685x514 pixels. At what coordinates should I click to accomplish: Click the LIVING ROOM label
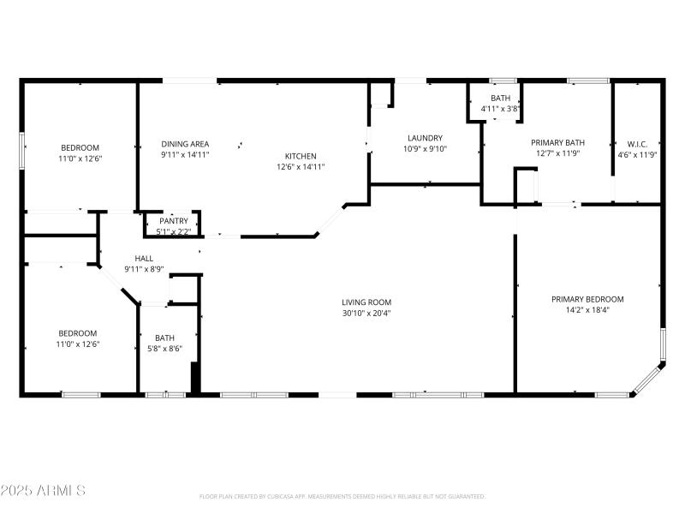click(x=366, y=302)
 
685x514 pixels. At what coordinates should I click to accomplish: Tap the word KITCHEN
click(x=300, y=156)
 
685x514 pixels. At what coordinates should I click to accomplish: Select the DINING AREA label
click(x=185, y=144)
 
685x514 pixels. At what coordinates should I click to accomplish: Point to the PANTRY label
click(x=174, y=221)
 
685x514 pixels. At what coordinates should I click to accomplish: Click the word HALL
click(x=144, y=258)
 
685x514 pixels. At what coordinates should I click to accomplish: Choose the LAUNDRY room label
click(x=425, y=138)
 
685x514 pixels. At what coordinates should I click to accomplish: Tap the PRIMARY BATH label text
click(x=557, y=143)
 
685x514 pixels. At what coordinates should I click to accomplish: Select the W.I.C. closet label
click(x=637, y=144)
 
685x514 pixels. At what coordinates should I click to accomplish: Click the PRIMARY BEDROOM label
click(x=587, y=299)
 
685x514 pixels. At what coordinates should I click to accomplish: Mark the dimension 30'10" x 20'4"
click(x=366, y=313)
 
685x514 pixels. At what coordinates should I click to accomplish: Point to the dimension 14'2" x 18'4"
click(x=587, y=310)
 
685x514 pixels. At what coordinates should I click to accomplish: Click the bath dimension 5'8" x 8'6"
click(x=164, y=348)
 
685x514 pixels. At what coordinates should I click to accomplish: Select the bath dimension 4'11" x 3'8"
click(x=500, y=109)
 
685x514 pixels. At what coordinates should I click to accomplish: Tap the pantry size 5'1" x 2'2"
click(x=174, y=231)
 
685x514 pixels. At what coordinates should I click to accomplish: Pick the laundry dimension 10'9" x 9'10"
click(x=425, y=149)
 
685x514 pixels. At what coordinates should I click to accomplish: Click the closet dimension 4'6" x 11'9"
click(x=637, y=155)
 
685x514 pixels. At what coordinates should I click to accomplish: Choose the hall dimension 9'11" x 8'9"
click(x=144, y=269)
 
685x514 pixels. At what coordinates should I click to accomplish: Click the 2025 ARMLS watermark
click(x=43, y=490)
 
